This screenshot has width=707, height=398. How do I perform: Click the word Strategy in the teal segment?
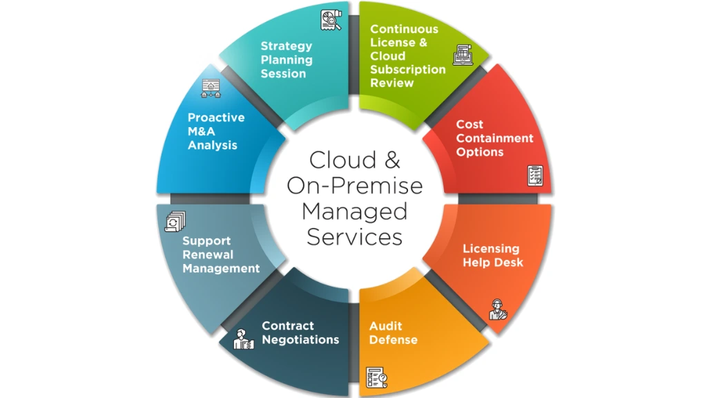pos(286,46)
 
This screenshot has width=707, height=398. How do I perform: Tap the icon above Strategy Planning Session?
pos(331,21)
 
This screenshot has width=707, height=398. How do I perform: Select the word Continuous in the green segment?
pos(404,29)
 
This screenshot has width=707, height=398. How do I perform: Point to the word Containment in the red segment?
pos(494,138)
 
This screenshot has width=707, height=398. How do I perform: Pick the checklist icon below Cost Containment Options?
pos(535,176)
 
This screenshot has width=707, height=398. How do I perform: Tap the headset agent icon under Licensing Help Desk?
pos(497,309)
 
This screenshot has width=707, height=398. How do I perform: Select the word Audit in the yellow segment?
pos(385,326)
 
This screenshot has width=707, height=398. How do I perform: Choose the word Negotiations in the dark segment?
pos(300,339)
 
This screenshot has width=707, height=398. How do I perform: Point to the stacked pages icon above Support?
pos(175,220)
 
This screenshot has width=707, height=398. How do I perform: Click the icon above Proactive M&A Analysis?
pos(211,87)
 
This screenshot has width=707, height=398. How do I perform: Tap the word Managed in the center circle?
pos(354,210)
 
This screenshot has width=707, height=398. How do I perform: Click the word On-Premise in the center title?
pos(354,185)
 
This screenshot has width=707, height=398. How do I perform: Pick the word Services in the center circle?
pos(354,236)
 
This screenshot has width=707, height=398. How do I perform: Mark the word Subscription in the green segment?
pos(408,69)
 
